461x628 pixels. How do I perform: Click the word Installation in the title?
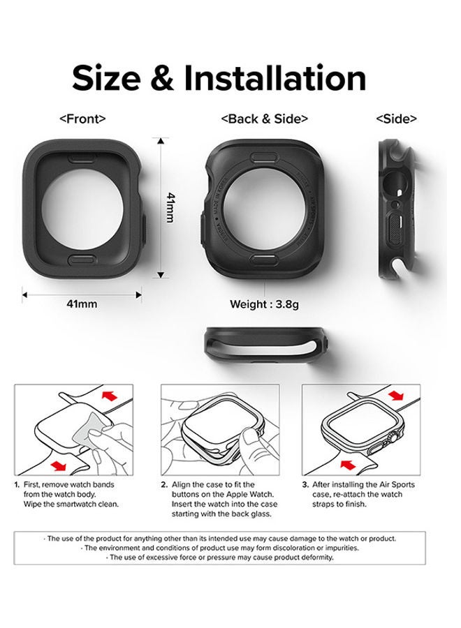(x=284, y=78)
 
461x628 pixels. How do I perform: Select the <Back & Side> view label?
(x=264, y=119)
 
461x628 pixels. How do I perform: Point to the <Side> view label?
(x=396, y=119)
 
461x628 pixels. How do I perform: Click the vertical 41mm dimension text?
(x=168, y=208)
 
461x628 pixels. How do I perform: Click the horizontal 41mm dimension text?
(x=82, y=304)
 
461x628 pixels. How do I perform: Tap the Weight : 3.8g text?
(x=264, y=304)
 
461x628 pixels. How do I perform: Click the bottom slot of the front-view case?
(x=82, y=260)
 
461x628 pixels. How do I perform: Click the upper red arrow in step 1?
(x=108, y=396)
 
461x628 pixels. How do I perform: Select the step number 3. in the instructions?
(x=306, y=484)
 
